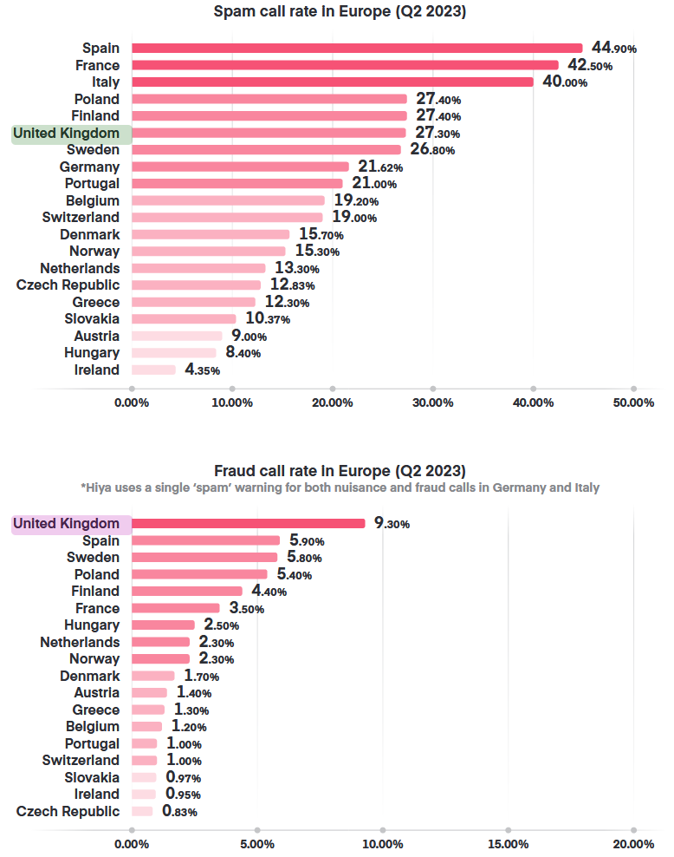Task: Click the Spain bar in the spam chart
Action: (357, 49)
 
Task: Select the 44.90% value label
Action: (613, 49)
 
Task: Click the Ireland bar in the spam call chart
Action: (153, 370)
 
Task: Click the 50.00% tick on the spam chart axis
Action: (633, 402)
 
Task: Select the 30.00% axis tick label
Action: (432, 402)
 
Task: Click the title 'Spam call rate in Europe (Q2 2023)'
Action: (339, 12)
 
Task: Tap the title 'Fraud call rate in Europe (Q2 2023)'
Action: (339, 470)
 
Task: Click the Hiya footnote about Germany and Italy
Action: (339, 487)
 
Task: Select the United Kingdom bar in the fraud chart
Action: (248, 523)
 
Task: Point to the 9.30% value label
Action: (392, 524)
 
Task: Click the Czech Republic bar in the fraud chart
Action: (142, 811)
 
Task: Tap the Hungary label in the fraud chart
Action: (92, 625)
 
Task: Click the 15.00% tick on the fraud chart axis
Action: (508, 844)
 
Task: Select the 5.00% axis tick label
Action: (256, 844)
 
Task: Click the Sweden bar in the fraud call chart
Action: (204, 557)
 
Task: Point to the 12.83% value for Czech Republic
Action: (291, 285)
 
